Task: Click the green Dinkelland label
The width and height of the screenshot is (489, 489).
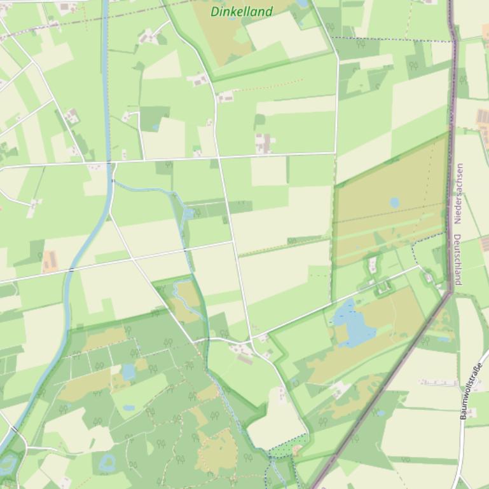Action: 242,11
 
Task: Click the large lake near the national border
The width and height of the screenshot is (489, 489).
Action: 347,324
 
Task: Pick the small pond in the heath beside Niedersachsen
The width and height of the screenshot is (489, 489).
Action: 394,203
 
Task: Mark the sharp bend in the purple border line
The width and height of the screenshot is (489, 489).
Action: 451,292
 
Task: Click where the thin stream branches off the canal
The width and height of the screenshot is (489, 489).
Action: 114,182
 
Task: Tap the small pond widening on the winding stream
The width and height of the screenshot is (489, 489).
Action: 188,213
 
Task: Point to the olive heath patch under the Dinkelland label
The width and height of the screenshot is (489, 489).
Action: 223,38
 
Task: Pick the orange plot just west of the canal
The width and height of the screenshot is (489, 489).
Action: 50,260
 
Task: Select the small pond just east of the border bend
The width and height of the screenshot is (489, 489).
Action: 444,339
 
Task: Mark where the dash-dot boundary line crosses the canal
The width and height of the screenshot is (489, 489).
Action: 106,15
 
